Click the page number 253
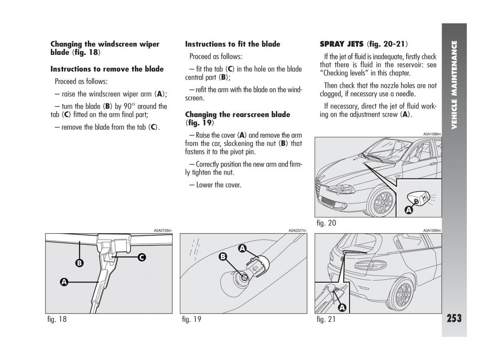tap(454, 317)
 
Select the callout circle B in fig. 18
tap(79, 263)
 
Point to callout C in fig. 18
tap(142, 257)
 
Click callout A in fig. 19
tap(242, 248)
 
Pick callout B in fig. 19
tap(223, 256)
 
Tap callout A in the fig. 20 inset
tap(409, 210)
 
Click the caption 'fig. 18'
tap(57, 319)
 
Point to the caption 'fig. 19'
tap(192, 319)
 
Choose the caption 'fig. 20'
tap(326, 223)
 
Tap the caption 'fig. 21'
tap(326, 319)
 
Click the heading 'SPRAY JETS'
tap(342, 44)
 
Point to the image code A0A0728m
tap(163, 230)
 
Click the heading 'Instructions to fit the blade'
tap(233, 44)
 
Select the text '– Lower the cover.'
tap(215, 185)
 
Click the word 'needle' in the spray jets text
tap(407, 94)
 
